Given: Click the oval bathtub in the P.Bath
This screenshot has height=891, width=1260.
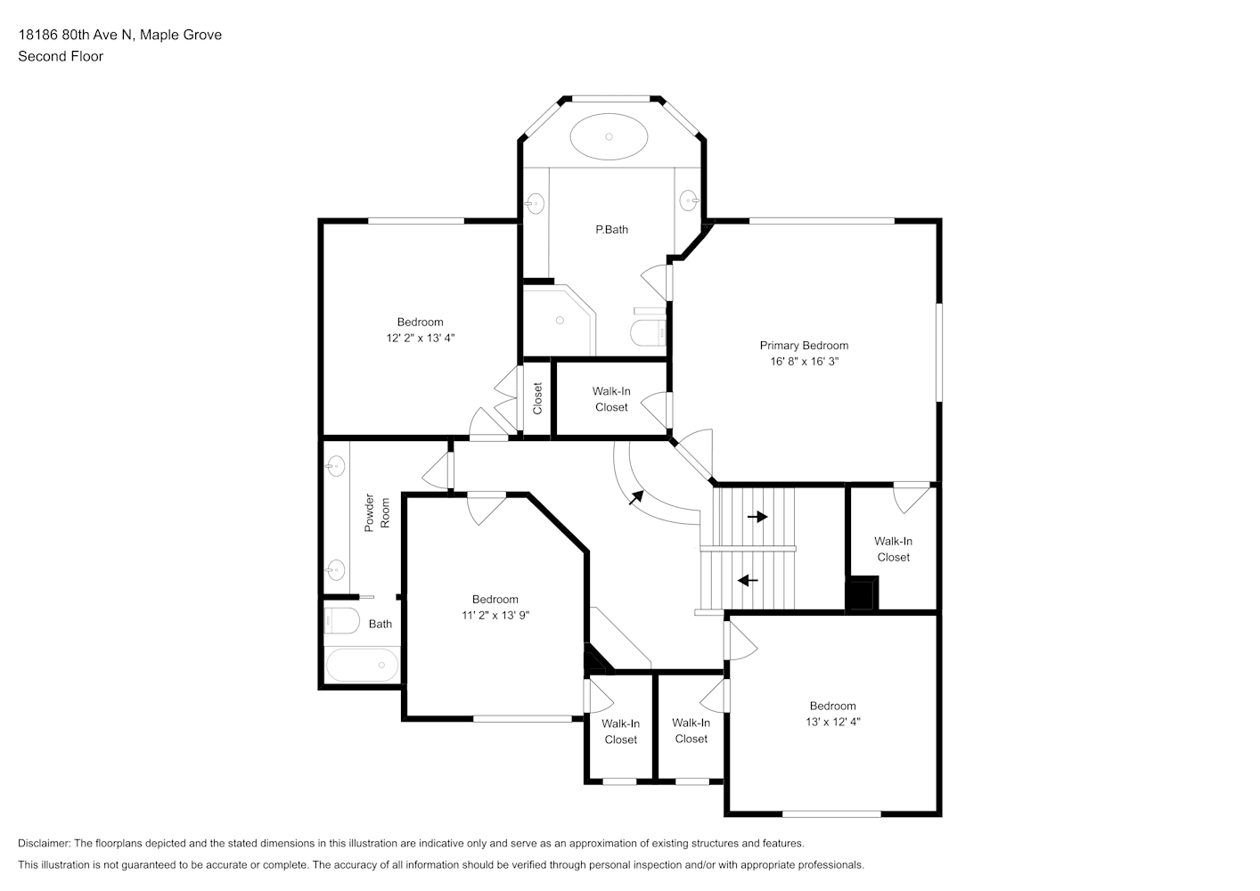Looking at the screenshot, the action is coord(609,136).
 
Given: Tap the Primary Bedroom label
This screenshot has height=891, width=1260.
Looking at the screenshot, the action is coord(804,346).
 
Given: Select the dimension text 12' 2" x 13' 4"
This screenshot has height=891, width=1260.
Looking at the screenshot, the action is coord(421,338).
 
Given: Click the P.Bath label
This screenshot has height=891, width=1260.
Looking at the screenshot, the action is coord(611,230).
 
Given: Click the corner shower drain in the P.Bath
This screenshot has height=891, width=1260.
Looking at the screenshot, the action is coord(560,320).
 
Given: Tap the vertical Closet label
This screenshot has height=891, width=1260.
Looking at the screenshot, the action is coord(537,398).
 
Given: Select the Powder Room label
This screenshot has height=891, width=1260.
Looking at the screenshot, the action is coord(377,512).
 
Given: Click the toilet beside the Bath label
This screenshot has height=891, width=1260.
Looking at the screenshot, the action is coord(342,620).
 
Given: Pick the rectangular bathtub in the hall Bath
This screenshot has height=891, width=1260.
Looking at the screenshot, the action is coord(363,665).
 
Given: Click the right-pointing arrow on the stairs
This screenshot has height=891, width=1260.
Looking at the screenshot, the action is coord(757,517).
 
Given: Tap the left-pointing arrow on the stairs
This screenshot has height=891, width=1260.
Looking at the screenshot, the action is coord(748,580).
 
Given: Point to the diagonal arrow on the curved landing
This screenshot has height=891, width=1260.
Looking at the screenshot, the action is coord(636,497).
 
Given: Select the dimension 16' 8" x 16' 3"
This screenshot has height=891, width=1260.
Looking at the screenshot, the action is coord(804,361).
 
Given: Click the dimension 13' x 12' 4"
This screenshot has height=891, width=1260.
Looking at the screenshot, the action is coord(832,722).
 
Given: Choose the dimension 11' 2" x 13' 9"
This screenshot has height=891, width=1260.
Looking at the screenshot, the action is coord(495,616).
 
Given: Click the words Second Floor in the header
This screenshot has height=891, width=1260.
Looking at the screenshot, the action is coord(61,56).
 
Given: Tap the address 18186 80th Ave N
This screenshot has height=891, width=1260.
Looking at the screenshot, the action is coord(76,35).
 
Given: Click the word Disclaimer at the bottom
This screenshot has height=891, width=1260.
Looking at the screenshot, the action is coord(45,843).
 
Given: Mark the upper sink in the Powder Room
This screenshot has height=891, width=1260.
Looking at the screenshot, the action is coord(335,466).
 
